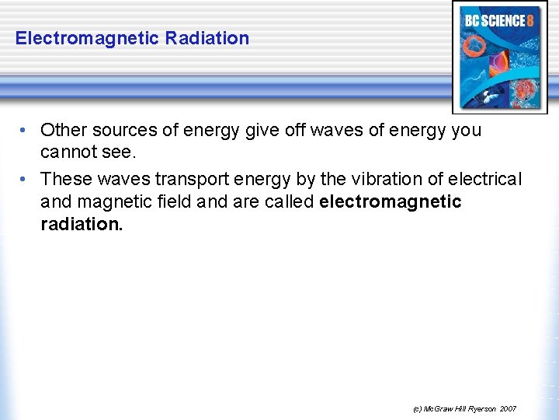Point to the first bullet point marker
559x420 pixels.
pyautogui.click(x=26, y=131)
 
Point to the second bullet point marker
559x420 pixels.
pyautogui.click(x=26, y=180)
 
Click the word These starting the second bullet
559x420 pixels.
pyautogui.click(x=65, y=179)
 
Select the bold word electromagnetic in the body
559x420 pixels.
pyautogui.click(x=390, y=202)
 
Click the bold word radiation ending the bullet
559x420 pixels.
pyautogui.click(x=82, y=226)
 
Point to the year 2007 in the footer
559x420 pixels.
pyautogui.click(x=508, y=408)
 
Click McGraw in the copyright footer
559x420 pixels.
pyautogui.click(x=437, y=408)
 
